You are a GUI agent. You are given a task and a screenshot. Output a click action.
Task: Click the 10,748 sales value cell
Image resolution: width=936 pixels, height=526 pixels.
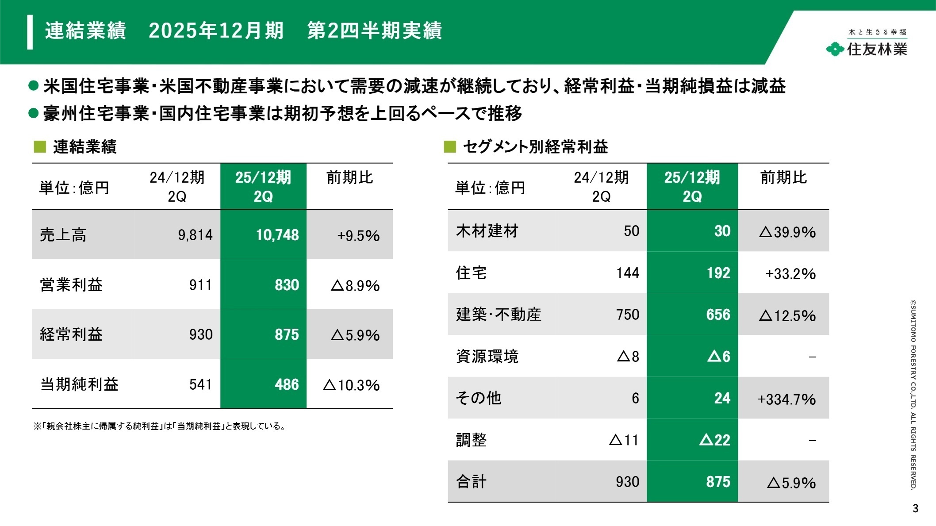(277, 235)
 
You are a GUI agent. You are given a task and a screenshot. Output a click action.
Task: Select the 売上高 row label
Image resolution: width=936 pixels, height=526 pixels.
(63, 235)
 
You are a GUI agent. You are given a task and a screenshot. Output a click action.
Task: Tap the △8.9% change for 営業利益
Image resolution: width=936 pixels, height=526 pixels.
(355, 285)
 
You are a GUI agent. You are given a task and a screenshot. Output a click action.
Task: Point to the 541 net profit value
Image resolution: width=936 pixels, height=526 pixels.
(201, 384)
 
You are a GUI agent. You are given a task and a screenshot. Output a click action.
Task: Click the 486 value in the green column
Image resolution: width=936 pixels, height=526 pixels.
(287, 384)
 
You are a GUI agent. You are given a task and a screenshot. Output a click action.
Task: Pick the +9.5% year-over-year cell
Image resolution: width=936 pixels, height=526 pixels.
(358, 236)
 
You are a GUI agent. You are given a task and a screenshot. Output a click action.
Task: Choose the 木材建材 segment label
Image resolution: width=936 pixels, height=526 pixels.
(487, 231)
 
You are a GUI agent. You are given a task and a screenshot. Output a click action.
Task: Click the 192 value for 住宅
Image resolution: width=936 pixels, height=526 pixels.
(718, 273)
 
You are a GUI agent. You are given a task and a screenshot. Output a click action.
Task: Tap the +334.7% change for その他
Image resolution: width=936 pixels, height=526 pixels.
(786, 399)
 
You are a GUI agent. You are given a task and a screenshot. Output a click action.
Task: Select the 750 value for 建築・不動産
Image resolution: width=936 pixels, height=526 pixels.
(628, 315)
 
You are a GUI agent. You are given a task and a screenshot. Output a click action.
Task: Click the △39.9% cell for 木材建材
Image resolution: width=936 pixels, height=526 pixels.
(787, 232)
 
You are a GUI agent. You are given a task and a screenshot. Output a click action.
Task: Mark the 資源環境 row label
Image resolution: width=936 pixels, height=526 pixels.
(487, 357)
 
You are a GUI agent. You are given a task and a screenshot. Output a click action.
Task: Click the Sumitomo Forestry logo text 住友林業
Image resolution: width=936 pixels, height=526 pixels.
(877, 49)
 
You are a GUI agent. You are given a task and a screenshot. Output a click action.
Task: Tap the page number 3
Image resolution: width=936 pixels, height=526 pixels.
(915, 509)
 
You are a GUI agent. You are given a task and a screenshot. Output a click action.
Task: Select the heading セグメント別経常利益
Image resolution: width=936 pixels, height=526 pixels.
(535, 147)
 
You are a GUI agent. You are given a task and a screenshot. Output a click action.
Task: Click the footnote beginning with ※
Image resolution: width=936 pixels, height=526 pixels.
(159, 426)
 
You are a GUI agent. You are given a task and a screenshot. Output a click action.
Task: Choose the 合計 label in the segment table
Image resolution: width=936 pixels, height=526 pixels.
(472, 482)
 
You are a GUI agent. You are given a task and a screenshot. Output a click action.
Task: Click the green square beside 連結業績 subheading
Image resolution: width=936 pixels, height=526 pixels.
(40, 146)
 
